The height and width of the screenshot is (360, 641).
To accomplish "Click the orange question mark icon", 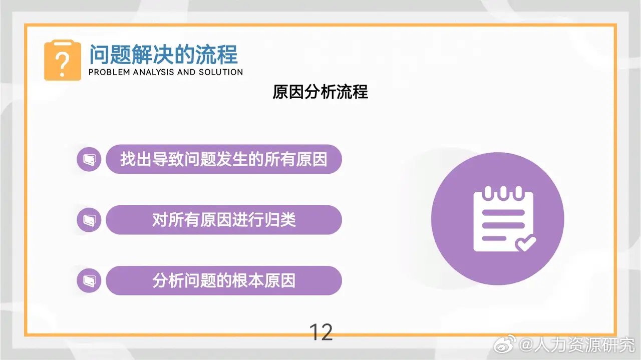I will [62, 61].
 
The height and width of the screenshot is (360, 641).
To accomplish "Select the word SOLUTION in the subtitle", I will [220, 72].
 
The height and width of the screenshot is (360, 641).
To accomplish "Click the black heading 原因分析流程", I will [320, 92].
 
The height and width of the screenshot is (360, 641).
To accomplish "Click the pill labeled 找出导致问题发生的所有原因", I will [223, 159].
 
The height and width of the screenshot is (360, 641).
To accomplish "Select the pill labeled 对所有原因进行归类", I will [223, 220].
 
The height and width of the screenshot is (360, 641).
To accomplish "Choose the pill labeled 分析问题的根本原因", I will [223, 280].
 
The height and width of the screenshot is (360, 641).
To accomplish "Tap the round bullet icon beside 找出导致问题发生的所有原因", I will [89, 159].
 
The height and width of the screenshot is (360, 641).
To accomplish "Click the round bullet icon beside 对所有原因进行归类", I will [89, 220].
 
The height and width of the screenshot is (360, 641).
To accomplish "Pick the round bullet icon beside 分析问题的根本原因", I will [89, 280].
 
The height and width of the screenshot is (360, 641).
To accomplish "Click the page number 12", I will [320, 332].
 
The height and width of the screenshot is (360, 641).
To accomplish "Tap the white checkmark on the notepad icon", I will [525, 243].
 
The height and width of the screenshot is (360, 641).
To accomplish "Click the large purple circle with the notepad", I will [497, 218].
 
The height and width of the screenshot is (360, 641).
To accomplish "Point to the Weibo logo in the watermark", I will [506, 345].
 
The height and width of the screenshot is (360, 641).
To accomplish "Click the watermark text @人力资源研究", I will [576, 345].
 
